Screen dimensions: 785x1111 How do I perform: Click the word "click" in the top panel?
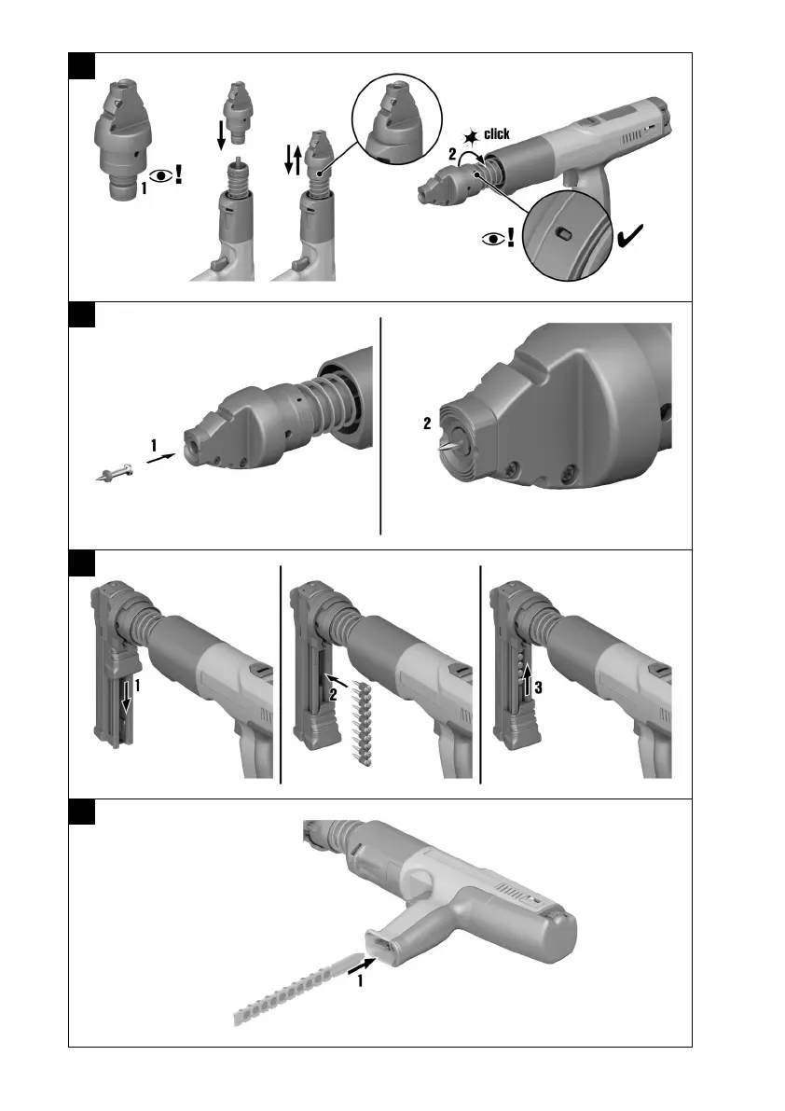pos(497,133)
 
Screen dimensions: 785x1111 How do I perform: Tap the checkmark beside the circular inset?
pos(630,236)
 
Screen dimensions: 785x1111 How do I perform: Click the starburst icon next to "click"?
pos(472,137)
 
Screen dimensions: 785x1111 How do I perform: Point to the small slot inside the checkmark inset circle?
pos(563,234)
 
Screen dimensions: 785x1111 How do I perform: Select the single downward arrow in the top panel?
pos(222,134)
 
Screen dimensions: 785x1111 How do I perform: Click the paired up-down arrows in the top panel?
pos(293,159)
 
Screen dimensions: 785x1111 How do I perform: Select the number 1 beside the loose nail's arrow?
pos(154,445)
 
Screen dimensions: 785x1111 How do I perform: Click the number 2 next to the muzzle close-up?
pos(427,423)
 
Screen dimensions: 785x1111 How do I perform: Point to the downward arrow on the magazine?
pos(126,697)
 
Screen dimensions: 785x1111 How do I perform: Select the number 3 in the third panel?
pos(539,687)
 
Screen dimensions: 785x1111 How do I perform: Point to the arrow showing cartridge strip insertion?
pos(362,965)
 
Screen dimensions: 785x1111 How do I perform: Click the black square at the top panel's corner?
pos(82,65)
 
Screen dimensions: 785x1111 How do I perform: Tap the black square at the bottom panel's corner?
pos(82,812)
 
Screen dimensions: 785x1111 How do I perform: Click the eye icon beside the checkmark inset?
pos(493,239)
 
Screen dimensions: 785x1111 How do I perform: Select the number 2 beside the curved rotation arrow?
pos(452,154)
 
